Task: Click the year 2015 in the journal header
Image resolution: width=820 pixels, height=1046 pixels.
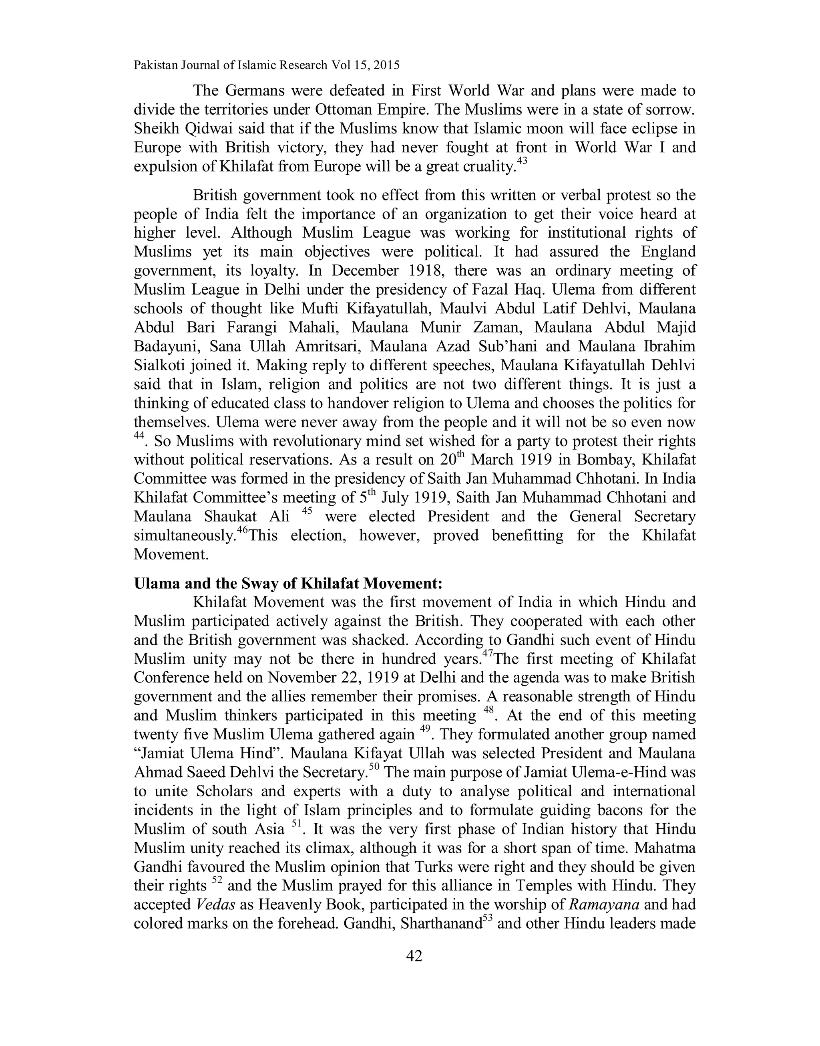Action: click(386, 65)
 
